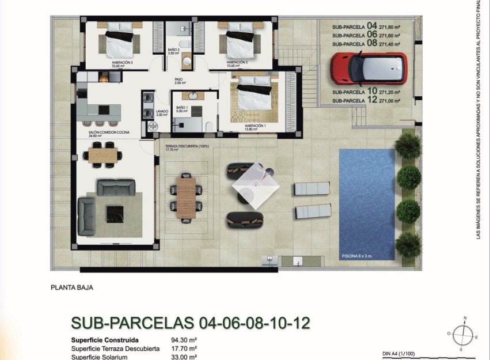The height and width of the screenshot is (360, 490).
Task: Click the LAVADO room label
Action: pyautogui.click(x=161, y=112)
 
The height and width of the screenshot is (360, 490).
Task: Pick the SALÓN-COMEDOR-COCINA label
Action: pyautogui.click(x=109, y=132)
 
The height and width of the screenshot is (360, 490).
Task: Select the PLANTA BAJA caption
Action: pyautogui.click(x=72, y=287)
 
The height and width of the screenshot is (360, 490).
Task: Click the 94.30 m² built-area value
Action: pyautogui.click(x=184, y=340)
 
